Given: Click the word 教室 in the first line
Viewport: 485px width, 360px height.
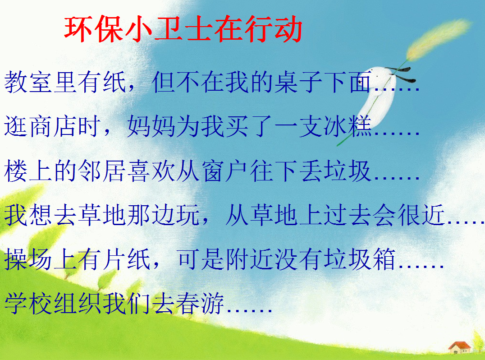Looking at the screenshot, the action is point(28,82).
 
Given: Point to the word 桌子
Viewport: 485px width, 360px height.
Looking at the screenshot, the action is point(298,82).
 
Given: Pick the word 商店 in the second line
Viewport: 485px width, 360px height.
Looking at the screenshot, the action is point(53,126).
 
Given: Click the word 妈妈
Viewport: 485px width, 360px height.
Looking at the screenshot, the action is point(151,126).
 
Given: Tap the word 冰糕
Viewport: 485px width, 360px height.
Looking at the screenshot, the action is point(348,126).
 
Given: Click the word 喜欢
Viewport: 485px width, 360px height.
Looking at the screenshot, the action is point(151,171).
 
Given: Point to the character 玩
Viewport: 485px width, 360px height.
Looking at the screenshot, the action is point(188,215).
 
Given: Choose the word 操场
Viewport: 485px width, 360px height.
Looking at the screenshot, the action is point(28,259).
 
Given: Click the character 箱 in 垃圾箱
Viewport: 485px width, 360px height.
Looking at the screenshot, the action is point(384,259).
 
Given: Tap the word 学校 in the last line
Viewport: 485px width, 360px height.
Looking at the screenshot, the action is point(28,303).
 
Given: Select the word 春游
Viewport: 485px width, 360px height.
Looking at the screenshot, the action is point(200,303).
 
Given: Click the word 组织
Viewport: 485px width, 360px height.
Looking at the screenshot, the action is point(78,303).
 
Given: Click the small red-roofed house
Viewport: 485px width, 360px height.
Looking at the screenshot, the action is point(459,347).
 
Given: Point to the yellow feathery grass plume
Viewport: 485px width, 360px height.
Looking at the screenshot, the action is point(439,39).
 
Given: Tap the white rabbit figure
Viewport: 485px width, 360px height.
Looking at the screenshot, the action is point(379,93).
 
